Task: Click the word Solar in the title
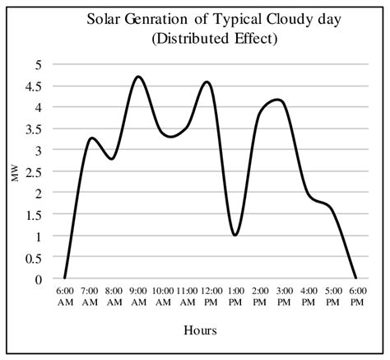pyautogui.click(x=105, y=19)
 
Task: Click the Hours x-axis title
pyautogui.click(x=200, y=330)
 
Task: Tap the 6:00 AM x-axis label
pyautogui.click(x=64, y=297)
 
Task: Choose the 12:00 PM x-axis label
pyautogui.click(x=211, y=297)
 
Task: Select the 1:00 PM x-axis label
pyautogui.click(x=235, y=297)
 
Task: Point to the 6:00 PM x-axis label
pyautogui.click(x=356, y=297)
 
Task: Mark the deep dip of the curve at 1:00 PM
pyautogui.click(x=235, y=235)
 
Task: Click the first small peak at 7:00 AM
pyautogui.click(x=92, y=138)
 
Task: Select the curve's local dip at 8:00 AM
pyautogui.click(x=112, y=158)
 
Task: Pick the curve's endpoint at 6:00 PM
pyautogui.click(x=356, y=278)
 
